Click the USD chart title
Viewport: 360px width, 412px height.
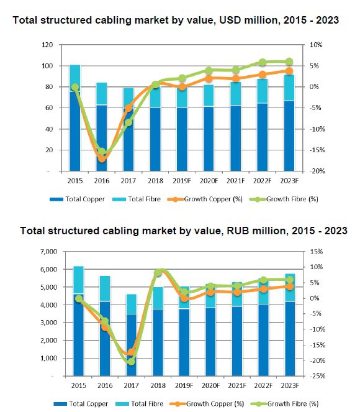(x=176, y=21)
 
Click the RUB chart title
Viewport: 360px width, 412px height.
(x=184, y=231)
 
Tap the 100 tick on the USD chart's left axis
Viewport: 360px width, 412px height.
(x=47, y=66)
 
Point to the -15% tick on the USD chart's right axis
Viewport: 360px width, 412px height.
(x=317, y=150)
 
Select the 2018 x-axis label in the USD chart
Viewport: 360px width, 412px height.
(x=155, y=181)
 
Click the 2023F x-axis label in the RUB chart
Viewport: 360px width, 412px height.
(x=290, y=385)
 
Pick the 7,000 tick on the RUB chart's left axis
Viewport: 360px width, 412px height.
(x=49, y=252)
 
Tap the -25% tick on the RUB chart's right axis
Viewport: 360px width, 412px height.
(x=318, y=376)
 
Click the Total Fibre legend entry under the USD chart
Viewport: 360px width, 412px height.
(x=137, y=199)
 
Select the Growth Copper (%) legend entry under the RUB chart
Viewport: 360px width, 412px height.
(x=207, y=403)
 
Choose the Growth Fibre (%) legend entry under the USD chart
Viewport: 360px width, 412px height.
(x=284, y=199)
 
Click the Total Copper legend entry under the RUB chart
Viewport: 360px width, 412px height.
(x=81, y=403)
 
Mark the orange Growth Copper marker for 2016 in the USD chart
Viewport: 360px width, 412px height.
(x=102, y=158)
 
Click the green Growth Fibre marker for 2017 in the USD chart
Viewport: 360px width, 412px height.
(x=128, y=122)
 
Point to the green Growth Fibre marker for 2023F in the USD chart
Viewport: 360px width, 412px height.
(x=289, y=62)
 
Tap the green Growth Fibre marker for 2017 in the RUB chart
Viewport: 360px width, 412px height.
(x=131, y=362)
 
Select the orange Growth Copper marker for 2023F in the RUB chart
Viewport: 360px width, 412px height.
(x=290, y=286)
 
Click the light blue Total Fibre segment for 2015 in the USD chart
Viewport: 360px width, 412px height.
(x=75, y=78)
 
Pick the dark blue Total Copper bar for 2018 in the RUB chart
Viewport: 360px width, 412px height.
(x=158, y=342)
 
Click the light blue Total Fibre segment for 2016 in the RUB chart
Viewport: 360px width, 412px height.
(x=105, y=288)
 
